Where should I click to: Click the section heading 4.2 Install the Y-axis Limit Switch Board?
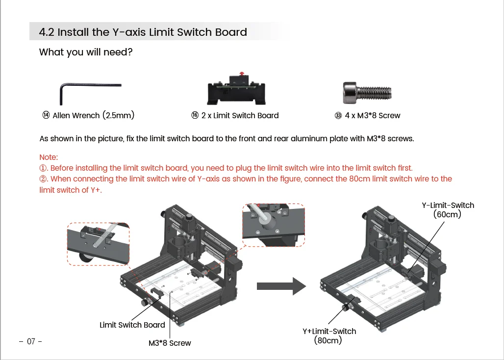tap(143, 32)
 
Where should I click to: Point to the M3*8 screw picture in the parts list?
tap(367, 92)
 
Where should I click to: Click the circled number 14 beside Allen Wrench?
tap(46, 115)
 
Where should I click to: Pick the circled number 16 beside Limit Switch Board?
tap(195, 115)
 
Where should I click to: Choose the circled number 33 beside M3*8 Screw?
tap(338, 116)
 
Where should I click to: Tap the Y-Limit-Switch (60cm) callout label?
tap(448, 210)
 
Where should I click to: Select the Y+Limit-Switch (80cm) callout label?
tap(329, 336)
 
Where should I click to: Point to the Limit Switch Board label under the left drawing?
tap(132, 325)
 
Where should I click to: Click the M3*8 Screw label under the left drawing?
tap(170, 343)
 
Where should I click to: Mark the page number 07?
tap(31, 342)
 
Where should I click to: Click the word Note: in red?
tap(49, 157)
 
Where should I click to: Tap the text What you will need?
tap(86, 52)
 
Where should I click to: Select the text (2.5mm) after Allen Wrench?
tap(118, 115)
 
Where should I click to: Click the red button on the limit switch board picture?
tap(240, 74)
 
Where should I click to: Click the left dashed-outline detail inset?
tap(98, 243)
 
